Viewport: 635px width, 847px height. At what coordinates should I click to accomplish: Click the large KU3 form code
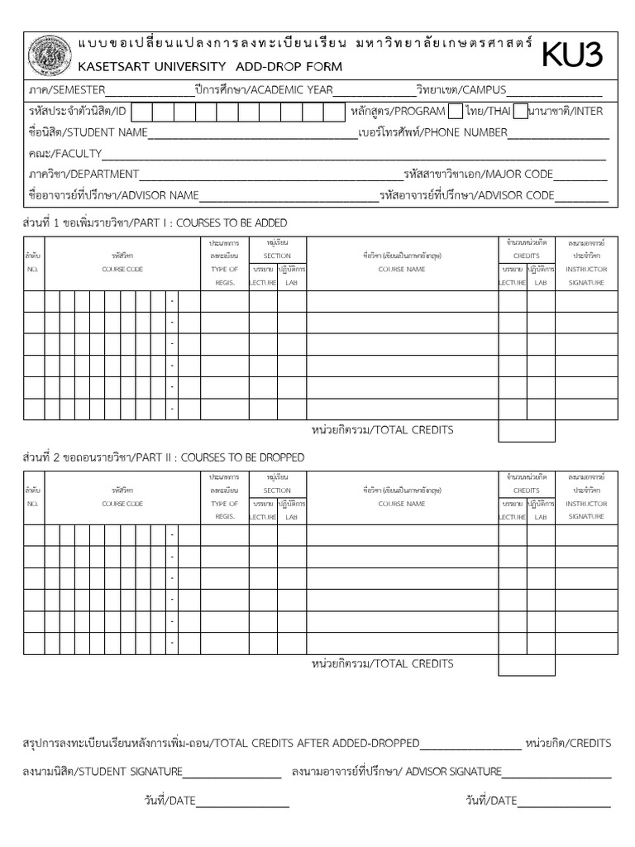(572, 55)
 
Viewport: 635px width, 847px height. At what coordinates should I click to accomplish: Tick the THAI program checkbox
(455, 112)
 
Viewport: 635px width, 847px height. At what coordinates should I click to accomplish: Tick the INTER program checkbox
(520, 112)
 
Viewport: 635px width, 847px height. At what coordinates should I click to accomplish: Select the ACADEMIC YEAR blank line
(374, 93)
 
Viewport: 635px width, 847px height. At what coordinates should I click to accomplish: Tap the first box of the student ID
(141, 112)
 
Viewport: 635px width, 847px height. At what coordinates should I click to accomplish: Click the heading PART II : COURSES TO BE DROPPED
(163, 457)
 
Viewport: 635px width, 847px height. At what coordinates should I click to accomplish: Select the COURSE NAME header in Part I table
(402, 270)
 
